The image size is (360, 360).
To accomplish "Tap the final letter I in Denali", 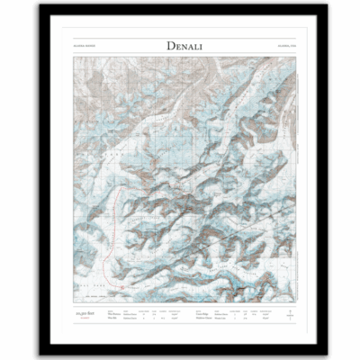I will pyautogui.click(x=212, y=46).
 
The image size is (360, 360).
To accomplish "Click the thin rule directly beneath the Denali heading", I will pyautogui.click(x=179, y=56).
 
